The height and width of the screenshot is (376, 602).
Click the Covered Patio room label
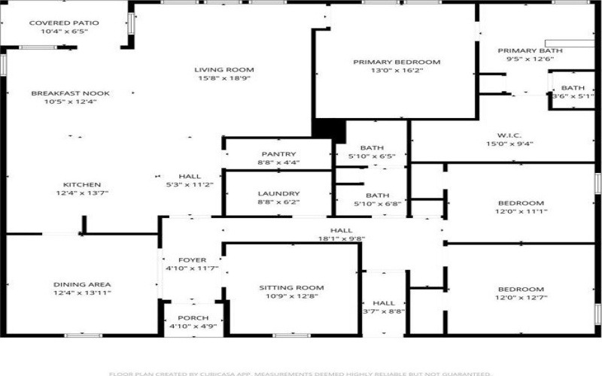coord(64,23)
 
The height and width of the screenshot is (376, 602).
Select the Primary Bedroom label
coord(397,62)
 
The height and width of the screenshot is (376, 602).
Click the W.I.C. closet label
coord(509,135)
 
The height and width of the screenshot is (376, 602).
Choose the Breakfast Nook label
coord(70,93)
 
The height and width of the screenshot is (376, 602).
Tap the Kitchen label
coord(82,184)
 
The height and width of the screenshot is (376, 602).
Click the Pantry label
coord(278,153)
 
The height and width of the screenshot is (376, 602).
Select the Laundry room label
coord(278,193)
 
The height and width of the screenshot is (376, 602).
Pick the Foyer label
coord(192,260)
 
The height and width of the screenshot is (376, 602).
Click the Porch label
coord(193,318)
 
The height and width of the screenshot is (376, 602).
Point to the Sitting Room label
coord(291,287)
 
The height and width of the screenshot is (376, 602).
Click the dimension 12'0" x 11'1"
coord(521,211)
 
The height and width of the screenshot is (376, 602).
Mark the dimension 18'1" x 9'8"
coord(341,239)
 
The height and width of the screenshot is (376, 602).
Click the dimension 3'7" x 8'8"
coord(384,311)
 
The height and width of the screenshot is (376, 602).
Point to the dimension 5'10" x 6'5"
coord(372,156)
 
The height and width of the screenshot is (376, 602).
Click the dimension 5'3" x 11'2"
coord(190,184)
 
